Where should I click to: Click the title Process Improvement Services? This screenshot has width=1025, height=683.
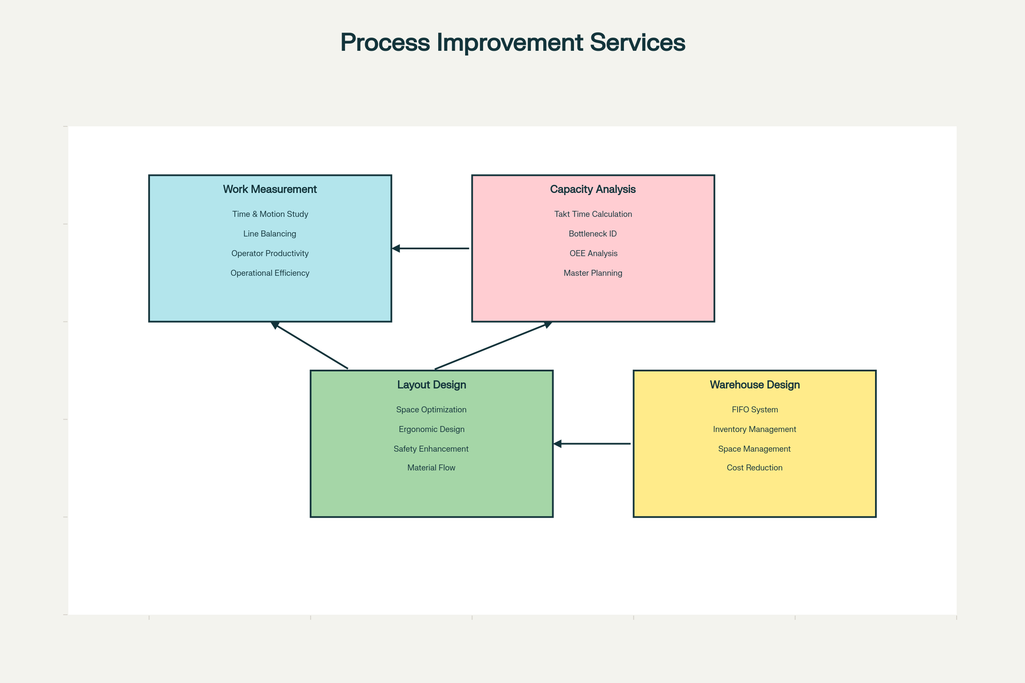click(x=512, y=43)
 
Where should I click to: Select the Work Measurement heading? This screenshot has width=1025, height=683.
click(x=270, y=189)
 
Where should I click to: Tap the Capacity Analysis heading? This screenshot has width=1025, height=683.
click(x=593, y=189)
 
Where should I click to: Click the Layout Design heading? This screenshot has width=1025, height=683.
click(x=431, y=385)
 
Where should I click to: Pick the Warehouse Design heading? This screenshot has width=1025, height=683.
click(x=754, y=385)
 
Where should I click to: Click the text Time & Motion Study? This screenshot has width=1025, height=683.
click(x=270, y=214)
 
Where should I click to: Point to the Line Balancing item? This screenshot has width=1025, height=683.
click(x=269, y=234)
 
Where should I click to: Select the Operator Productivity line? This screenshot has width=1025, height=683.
click(x=270, y=253)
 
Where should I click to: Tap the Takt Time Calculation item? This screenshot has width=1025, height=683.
click(x=593, y=214)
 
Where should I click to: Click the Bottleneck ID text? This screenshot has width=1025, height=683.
click(x=593, y=234)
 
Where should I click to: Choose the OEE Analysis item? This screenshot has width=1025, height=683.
click(x=593, y=253)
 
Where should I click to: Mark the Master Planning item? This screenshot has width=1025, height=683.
click(x=593, y=273)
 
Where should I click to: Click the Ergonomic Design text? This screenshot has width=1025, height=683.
click(x=431, y=429)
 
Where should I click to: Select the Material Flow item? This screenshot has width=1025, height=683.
click(x=431, y=467)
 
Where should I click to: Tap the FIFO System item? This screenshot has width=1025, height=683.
click(x=754, y=409)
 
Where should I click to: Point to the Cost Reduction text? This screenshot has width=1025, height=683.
click(x=754, y=467)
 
